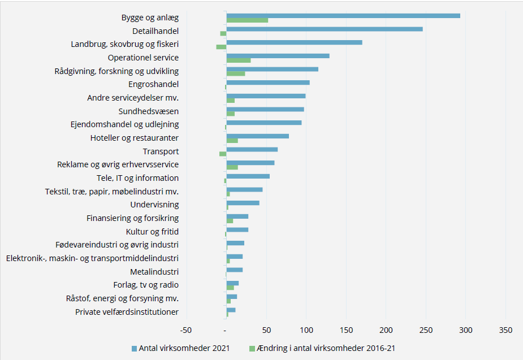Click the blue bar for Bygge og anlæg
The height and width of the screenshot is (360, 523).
343,16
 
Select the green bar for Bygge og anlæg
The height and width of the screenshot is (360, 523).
247,20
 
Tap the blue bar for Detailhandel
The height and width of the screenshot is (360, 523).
324,29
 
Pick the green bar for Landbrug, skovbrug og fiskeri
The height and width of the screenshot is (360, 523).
221,47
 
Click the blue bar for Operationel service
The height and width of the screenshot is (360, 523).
278,56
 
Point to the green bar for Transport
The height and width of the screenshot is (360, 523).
223,154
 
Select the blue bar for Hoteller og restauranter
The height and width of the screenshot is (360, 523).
257,136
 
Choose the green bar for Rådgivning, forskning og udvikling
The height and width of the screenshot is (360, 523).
236,73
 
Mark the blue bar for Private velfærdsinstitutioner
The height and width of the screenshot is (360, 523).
231,310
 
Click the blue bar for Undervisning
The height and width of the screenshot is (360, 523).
243,203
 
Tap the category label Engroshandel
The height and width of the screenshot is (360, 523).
153,84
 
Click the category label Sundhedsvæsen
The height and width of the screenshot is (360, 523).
148,111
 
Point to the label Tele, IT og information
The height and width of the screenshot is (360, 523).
137,178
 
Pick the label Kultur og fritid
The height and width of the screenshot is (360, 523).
152,231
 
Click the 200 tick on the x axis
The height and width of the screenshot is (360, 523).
386,330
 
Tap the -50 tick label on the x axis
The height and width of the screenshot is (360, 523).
185,330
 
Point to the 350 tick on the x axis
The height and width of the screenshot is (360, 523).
506,330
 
